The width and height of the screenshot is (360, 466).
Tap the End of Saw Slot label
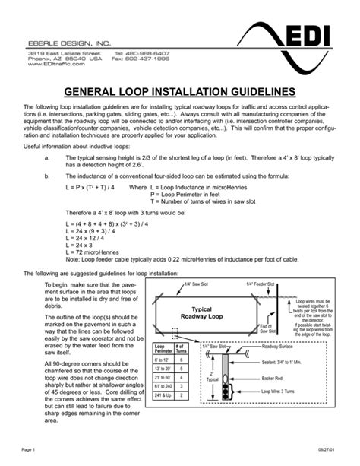(268, 329)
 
